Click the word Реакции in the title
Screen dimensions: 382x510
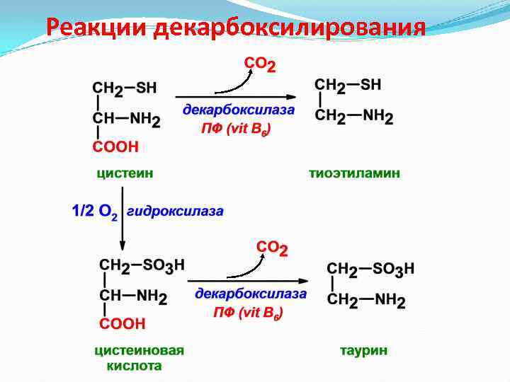click(96, 28)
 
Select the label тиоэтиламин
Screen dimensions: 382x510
click(354, 173)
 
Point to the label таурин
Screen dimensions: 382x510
click(363, 350)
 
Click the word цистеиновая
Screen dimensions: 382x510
click(140, 350)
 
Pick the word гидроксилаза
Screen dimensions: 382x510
click(176, 211)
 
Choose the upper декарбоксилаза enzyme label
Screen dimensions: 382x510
click(239, 110)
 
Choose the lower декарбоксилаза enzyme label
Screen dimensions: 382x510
click(251, 293)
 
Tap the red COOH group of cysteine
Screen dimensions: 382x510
click(115, 147)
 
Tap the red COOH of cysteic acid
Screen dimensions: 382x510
click(122, 324)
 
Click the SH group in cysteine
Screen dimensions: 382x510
click(146, 88)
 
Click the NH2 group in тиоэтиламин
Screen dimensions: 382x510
click(379, 115)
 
